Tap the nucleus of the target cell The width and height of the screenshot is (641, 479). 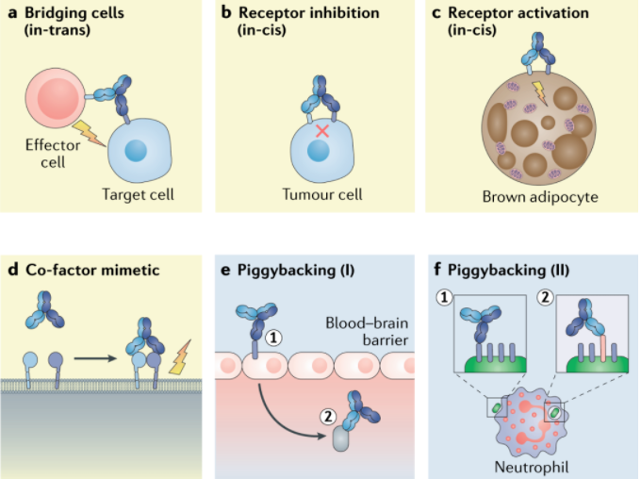click(134, 150)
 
